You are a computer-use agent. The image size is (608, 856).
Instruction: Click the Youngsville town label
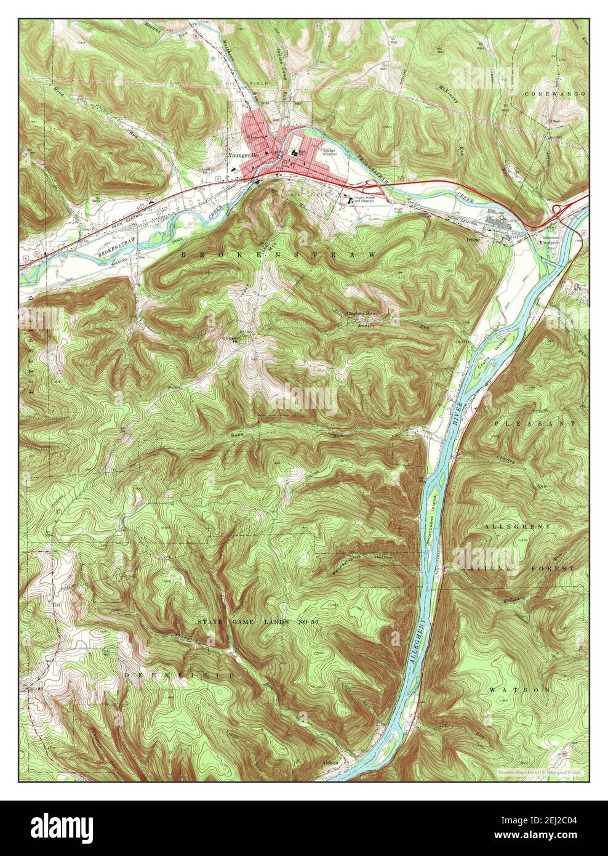coord(241,156)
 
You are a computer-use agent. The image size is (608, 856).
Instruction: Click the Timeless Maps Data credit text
coord(540,771)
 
